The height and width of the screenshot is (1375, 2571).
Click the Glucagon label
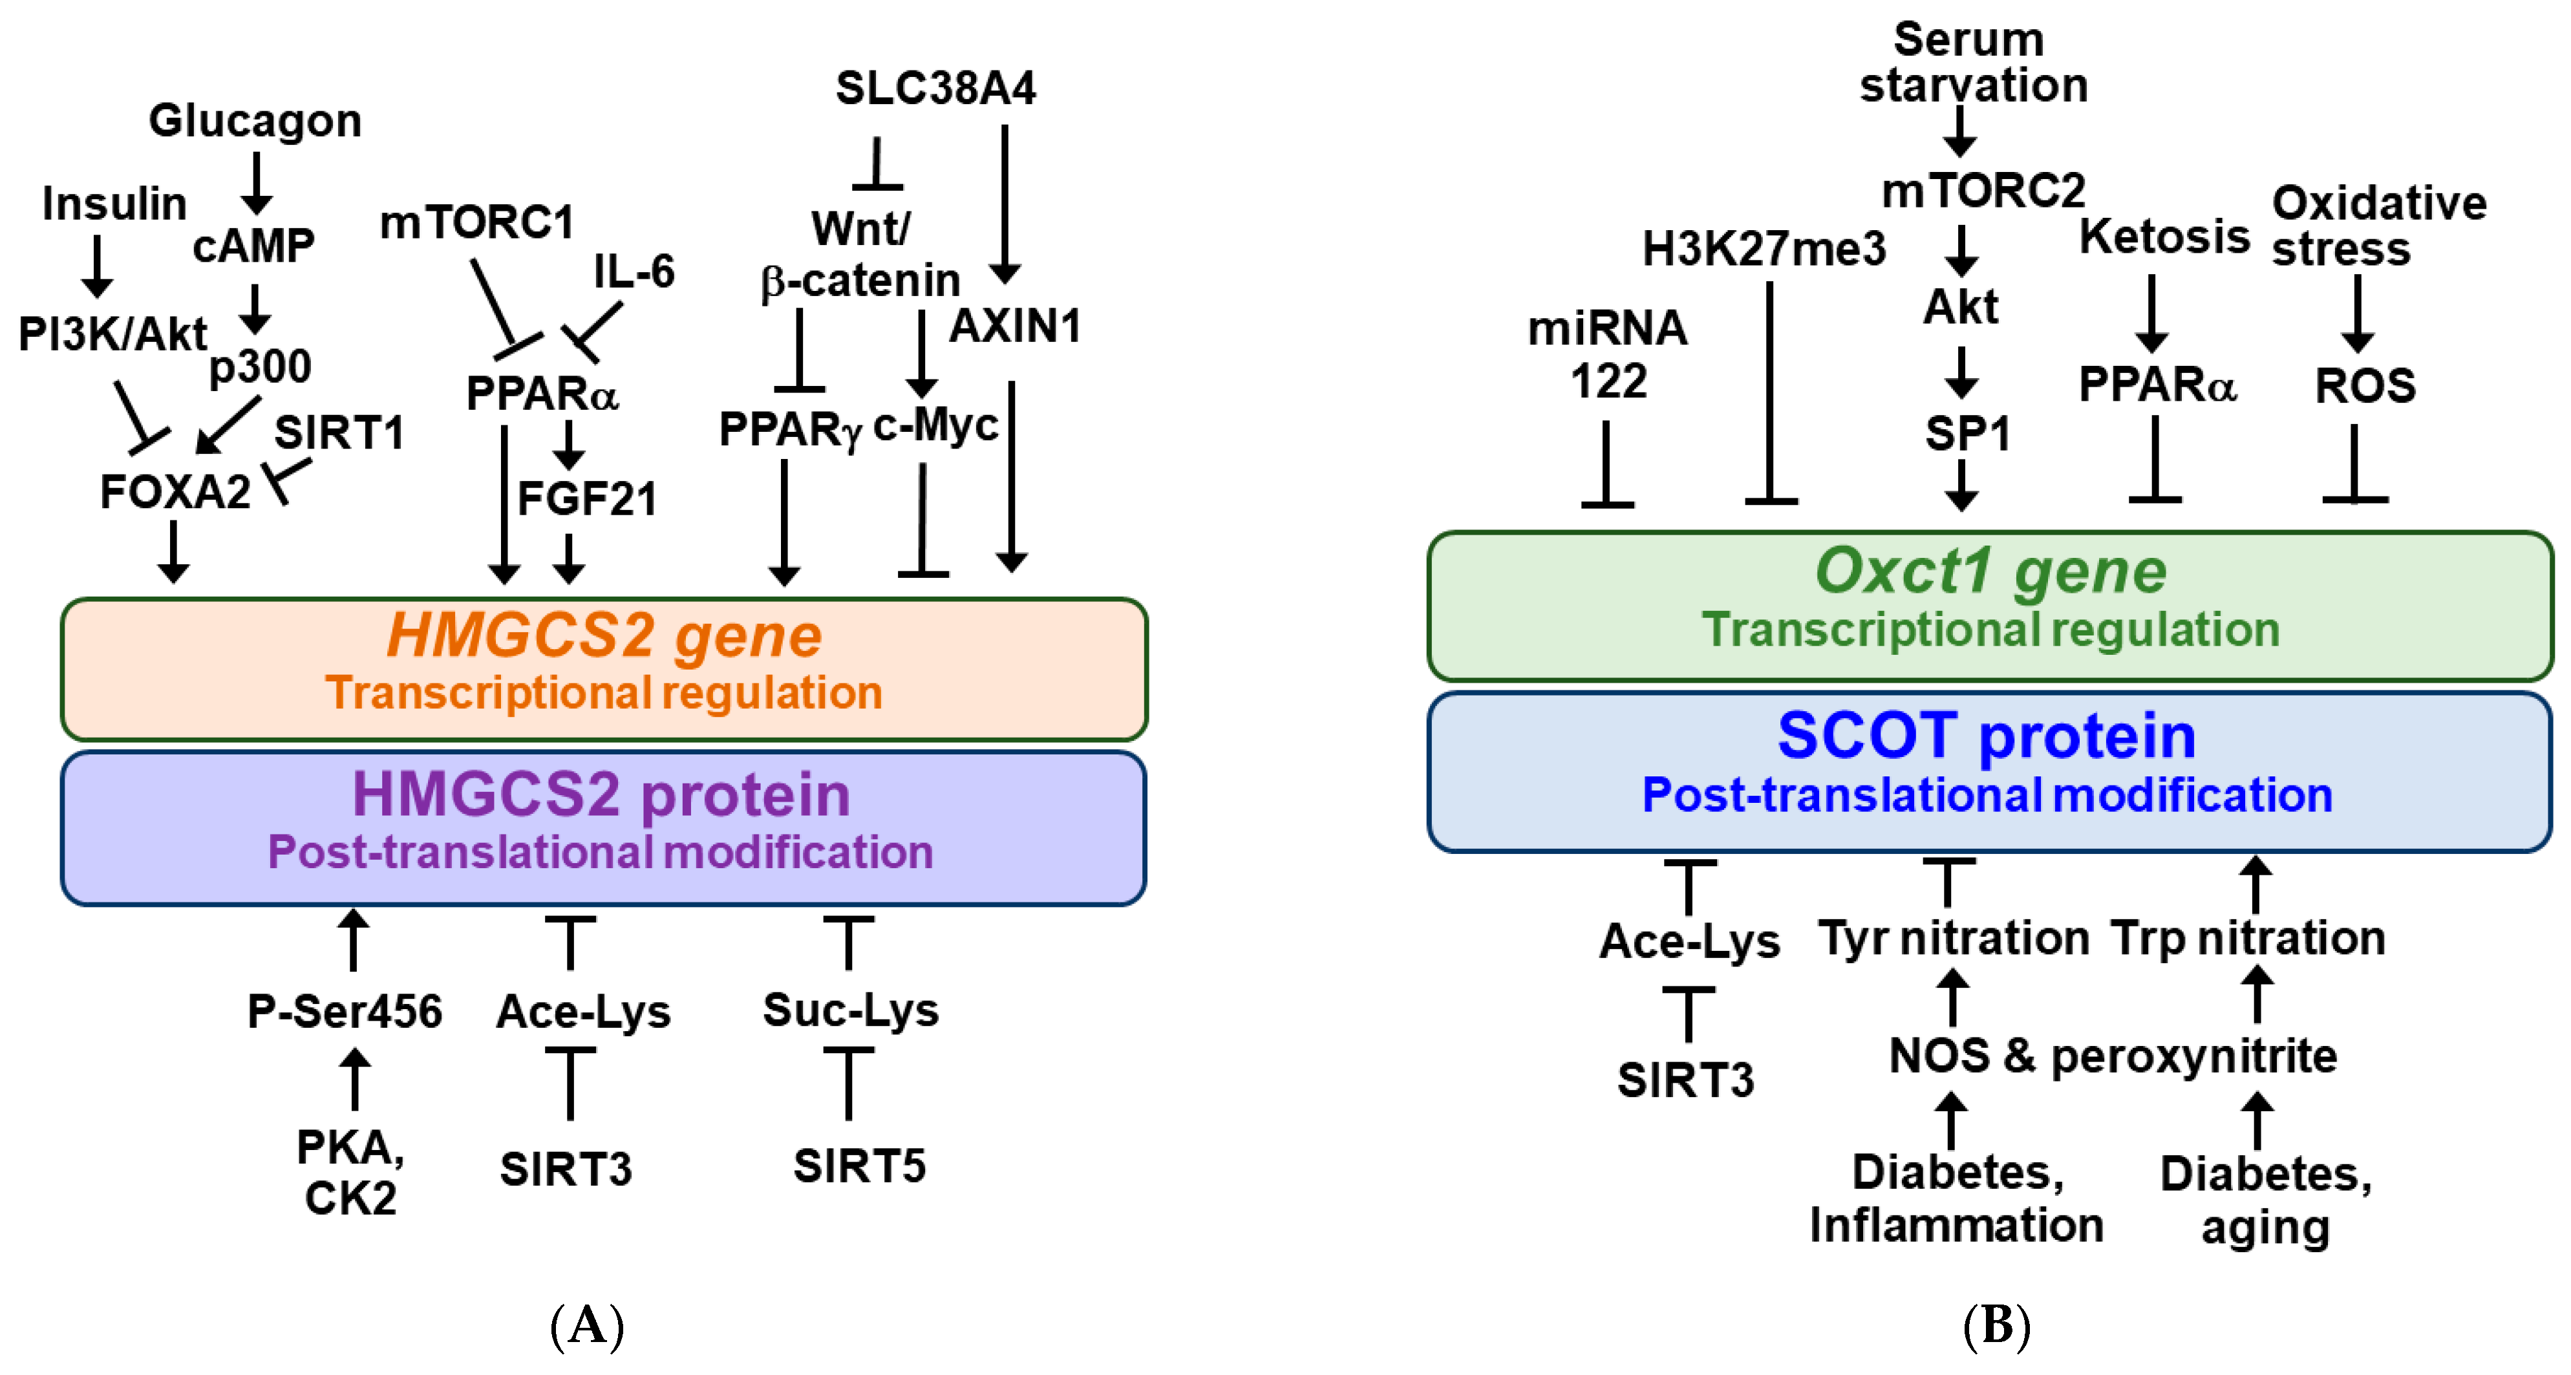click(x=255, y=121)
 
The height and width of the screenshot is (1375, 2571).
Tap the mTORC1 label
click(x=477, y=222)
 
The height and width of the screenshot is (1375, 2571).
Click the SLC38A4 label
click(x=935, y=88)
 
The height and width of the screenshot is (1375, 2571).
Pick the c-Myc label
click(x=935, y=425)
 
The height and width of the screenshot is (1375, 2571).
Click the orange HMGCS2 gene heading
click(x=604, y=635)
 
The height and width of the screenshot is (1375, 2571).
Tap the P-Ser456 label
click(x=345, y=1011)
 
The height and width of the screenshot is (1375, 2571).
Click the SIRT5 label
click(x=859, y=1166)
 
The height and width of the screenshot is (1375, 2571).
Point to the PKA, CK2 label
click(x=350, y=1173)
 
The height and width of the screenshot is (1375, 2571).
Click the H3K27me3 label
click(x=1764, y=248)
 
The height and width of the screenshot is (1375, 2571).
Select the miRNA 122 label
click(x=1607, y=354)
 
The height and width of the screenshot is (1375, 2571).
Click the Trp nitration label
click(x=2248, y=938)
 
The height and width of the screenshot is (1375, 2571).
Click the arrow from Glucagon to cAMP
click(x=257, y=182)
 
